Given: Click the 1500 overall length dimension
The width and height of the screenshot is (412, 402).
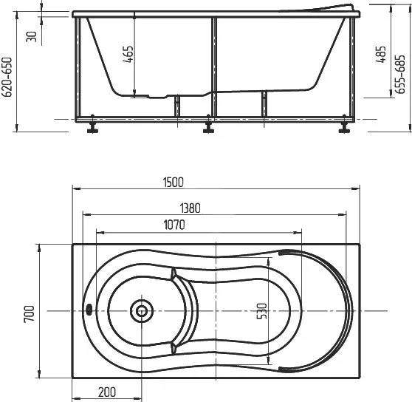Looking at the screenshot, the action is (174, 183).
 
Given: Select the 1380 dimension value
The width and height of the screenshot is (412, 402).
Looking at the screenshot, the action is (190, 208).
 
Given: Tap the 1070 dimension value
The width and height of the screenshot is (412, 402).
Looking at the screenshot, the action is (174, 225).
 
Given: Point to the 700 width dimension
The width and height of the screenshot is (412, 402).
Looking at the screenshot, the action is (29, 313).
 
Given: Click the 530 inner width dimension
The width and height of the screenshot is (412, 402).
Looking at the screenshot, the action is (261, 311).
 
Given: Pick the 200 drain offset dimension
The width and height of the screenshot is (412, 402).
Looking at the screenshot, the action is (107, 392).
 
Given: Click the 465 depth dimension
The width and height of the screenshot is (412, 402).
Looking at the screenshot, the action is (128, 54).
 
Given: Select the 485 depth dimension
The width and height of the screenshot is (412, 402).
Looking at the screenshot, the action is (381, 54).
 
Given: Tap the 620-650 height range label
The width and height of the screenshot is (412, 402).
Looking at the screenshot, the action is (7, 77).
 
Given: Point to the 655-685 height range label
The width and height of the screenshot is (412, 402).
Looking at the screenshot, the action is (400, 75).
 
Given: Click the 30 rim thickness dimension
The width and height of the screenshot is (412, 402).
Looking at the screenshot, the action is (32, 36).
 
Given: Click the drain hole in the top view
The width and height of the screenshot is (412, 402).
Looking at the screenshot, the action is (142, 311).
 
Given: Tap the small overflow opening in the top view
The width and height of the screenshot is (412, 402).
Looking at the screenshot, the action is (89, 309).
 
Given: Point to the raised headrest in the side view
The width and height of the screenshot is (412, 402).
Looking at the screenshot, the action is (319, 8).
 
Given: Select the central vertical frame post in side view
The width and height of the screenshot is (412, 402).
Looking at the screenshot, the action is (214, 67).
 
